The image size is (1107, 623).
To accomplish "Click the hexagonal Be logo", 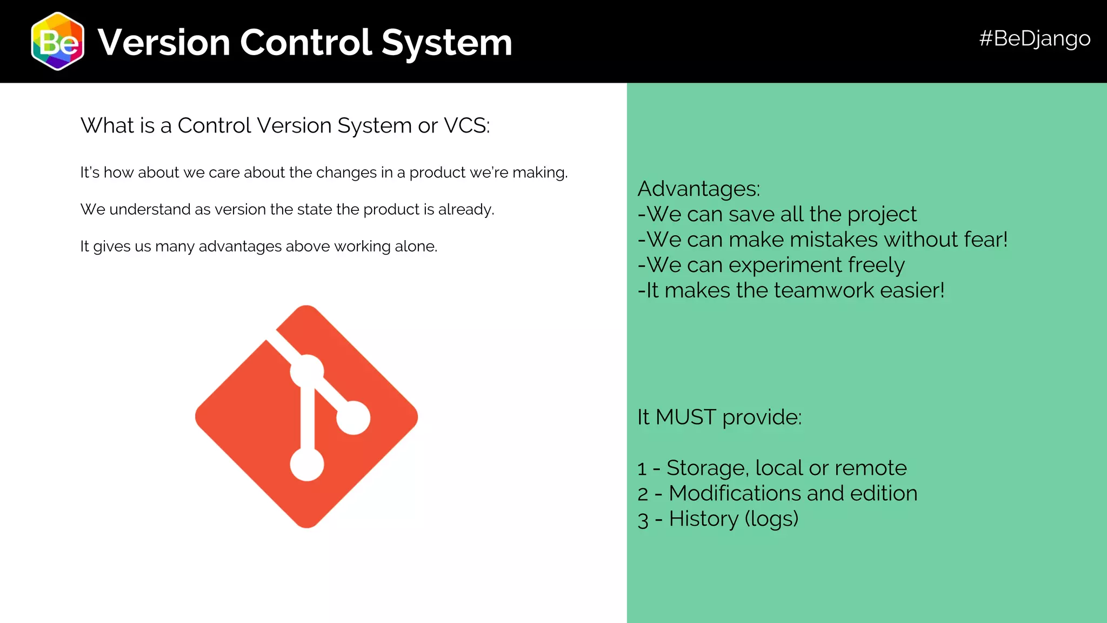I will [58, 42].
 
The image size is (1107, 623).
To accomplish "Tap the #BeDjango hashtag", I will [1034, 38].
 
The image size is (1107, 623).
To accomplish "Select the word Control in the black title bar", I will [305, 42].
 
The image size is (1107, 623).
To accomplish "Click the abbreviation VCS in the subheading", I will [466, 125].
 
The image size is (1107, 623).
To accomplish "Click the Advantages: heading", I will [698, 189].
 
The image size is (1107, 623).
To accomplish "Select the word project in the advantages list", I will [882, 215].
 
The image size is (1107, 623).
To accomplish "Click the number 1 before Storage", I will [642, 468].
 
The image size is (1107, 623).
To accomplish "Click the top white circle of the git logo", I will [307, 372].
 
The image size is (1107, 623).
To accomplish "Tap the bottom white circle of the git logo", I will [307, 465].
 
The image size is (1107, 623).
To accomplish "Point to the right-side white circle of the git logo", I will [354, 417].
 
